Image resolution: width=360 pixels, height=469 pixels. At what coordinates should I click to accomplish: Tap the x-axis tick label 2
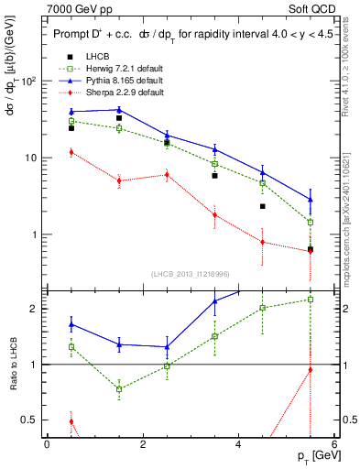(143, 445)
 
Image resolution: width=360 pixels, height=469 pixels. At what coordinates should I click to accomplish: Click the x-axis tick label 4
(238, 445)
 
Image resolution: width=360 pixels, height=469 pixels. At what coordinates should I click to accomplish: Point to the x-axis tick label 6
(334, 445)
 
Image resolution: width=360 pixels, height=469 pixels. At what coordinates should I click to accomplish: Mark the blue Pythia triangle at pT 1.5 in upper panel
(119, 110)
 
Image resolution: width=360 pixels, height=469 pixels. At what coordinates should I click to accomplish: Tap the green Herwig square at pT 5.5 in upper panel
(311, 222)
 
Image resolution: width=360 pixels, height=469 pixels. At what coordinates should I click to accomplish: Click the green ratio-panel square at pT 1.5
(119, 389)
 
